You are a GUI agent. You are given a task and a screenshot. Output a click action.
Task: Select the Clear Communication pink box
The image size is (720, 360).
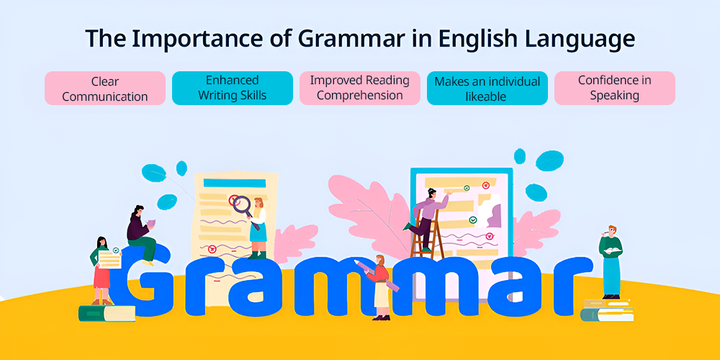point(105,88)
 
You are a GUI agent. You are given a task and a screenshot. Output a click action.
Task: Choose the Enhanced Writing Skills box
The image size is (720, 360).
point(233,88)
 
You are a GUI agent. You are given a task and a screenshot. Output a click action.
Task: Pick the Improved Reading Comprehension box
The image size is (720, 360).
point(360,88)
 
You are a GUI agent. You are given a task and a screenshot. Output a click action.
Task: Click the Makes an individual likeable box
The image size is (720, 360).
point(487,88)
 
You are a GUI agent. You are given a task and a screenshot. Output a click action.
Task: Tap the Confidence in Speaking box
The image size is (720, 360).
point(615,88)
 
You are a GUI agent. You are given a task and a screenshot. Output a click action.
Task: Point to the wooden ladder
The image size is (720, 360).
point(427,234)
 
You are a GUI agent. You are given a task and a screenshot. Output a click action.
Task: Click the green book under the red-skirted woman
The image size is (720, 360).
point(107,313)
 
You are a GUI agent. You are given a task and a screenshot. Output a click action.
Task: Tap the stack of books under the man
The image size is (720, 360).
point(607,310)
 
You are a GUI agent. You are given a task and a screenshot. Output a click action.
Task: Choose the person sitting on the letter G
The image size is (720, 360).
point(141,235)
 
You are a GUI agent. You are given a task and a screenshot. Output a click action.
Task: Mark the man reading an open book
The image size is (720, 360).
point(611,262)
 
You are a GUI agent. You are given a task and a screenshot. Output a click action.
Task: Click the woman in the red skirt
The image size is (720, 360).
point(102,271)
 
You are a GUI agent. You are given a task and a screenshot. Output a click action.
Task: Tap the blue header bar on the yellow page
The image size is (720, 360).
point(235,183)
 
